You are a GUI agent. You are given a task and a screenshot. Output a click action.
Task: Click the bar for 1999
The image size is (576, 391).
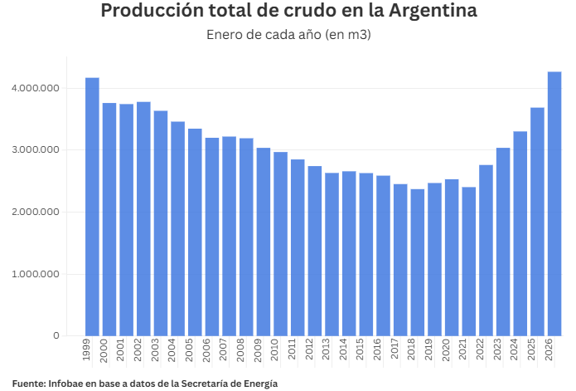[92, 207]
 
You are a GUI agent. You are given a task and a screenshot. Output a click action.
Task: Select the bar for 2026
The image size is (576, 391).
[554, 203]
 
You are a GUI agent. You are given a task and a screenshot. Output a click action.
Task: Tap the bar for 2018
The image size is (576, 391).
[418, 262]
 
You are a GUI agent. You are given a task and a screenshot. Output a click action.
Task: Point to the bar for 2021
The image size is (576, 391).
[469, 261]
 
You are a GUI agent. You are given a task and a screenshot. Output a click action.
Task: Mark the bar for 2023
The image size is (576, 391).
[503, 242]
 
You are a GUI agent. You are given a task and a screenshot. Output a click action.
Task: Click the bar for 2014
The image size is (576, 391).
[349, 253]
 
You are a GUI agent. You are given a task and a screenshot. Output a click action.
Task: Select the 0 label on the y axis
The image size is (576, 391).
[56, 336]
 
